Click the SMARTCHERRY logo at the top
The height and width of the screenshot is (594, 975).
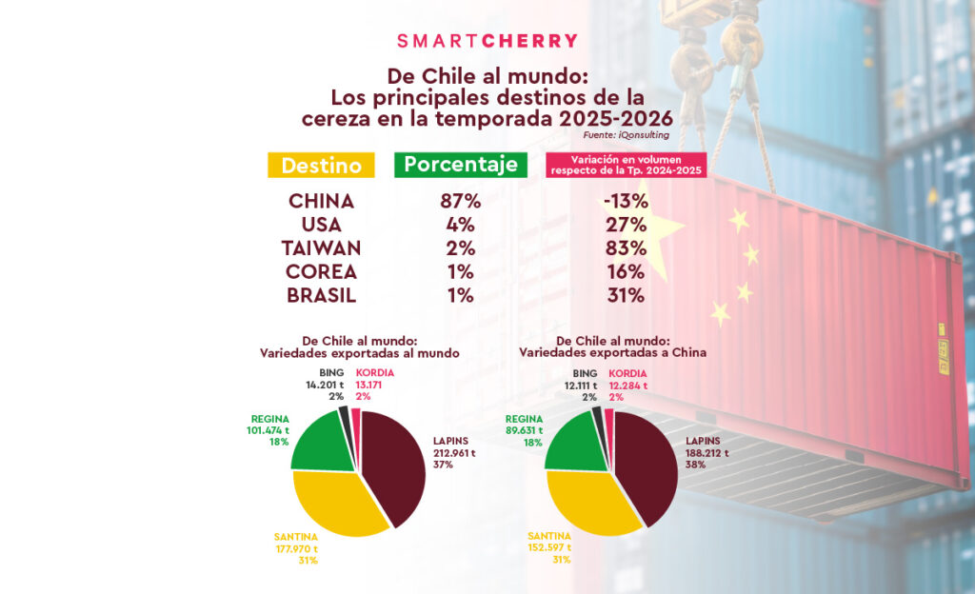click(487, 41)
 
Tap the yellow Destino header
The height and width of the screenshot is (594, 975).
click(321, 165)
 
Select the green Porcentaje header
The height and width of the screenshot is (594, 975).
click(461, 164)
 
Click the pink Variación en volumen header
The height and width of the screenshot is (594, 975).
click(626, 164)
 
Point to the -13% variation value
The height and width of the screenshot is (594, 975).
click(626, 202)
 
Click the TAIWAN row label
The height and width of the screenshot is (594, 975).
click(321, 248)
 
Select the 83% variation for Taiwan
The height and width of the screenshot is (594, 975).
click(626, 248)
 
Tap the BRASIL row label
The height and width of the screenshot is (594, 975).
click(321, 295)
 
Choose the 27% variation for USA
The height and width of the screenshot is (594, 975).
click(626, 226)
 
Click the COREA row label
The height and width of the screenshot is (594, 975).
click(321, 272)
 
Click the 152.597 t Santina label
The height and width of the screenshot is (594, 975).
click(549, 547)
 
